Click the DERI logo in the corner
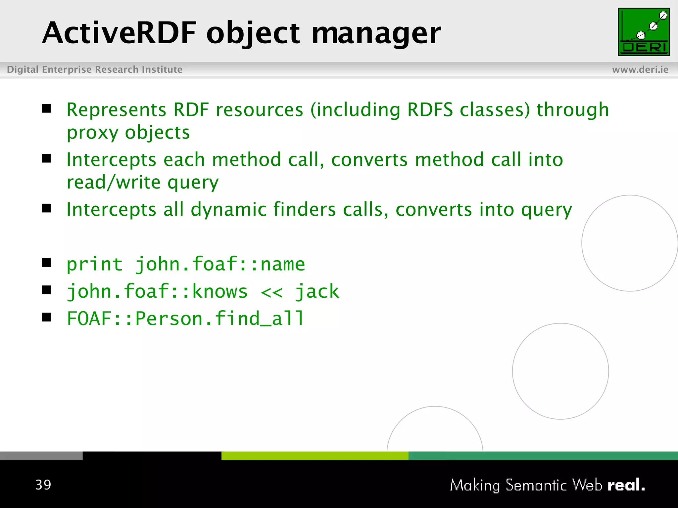coord(644,32)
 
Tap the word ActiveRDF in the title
coord(119,33)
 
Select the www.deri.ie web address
coord(640,70)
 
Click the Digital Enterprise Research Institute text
coord(95,70)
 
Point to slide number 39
coord(43,485)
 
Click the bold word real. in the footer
coord(626,485)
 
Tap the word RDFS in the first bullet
coord(430,110)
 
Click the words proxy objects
coord(128,133)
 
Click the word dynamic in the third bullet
coord(228,210)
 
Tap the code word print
coord(95,265)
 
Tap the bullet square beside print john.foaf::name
coord(47,263)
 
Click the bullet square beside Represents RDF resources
coord(47,108)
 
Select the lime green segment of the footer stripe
coord(315,456)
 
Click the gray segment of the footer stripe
coord(41,456)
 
